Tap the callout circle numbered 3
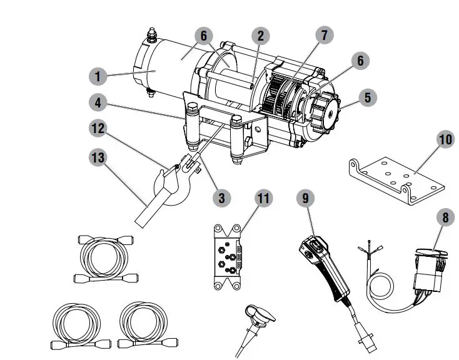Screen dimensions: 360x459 click(x=221, y=197)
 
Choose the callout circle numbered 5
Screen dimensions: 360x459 click(x=368, y=97)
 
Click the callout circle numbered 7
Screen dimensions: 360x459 click(x=324, y=36)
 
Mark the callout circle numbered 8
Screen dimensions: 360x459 click(x=445, y=218)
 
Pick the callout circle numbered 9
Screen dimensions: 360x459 click(x=305, y=198)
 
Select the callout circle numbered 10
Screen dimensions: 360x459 click(x=445, y=139)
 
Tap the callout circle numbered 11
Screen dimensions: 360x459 click(x=265, y=198)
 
